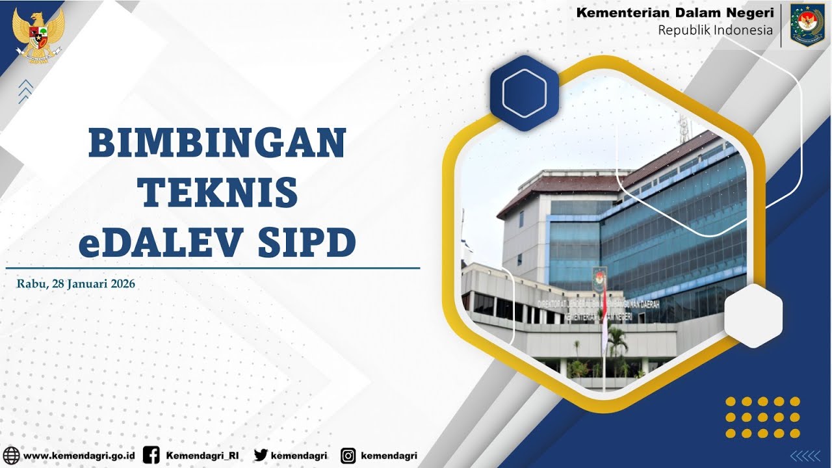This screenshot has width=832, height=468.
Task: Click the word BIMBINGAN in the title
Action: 217,143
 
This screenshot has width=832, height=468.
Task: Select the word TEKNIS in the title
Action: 220,192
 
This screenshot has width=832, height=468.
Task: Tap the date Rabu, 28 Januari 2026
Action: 76,283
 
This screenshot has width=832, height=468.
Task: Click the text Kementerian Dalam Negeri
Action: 675,12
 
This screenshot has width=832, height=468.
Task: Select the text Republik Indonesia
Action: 715,30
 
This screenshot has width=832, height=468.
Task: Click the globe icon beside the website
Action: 11,456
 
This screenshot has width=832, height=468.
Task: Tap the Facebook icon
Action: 151,456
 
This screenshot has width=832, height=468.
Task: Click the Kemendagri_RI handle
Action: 202,456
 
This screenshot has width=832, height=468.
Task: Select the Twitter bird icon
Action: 261,456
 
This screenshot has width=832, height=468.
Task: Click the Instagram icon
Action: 348,456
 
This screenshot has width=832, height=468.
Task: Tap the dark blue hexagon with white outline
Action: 524,93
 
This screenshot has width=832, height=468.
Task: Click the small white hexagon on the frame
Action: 753,315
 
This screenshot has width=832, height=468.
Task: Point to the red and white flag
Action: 604,318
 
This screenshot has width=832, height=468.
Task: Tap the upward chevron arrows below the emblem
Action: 26,91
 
